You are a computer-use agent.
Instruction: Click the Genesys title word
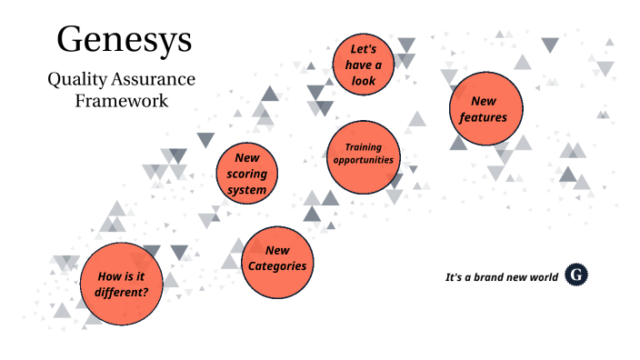pos(124,39)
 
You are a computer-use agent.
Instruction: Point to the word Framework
pos(122,100)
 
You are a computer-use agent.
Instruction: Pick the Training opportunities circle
pos(364,154)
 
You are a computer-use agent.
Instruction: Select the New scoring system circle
pos(247,174)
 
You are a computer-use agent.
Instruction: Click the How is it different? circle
pos(122,285)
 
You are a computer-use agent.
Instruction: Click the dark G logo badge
pos(575,275)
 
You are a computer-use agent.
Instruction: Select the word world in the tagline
pos(542,276)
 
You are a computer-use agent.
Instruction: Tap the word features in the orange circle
pos(484,118)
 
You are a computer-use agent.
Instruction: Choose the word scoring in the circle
pos(247,174)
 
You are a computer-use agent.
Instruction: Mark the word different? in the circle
pos(122,293)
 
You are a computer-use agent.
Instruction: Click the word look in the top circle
pos(364,80)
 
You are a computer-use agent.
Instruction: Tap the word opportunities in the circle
pos(364,160)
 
